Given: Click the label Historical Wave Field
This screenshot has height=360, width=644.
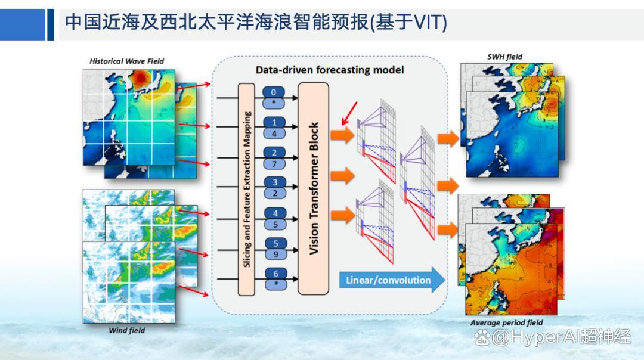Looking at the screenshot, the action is pos(126,61).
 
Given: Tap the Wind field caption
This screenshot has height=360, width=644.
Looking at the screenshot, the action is pos(126,330).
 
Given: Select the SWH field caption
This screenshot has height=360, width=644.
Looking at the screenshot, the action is pos(505,57).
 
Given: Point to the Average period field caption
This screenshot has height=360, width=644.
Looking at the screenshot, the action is pos(506,322).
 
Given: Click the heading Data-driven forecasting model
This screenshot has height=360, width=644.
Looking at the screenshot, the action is pos(330,70).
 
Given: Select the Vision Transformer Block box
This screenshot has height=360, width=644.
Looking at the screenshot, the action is pos(314,188).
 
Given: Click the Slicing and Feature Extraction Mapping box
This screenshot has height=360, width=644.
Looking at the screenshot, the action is pos(246,189).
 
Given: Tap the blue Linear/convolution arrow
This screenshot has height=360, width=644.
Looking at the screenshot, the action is pos(392,280).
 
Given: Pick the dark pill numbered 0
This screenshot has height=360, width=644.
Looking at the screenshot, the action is pos(274,92).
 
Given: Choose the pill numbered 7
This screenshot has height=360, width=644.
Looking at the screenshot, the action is pos(274,164).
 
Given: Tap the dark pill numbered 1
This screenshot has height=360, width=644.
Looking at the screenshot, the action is pos(274,122).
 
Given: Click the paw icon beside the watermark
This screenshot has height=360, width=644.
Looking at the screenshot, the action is pos(482,337).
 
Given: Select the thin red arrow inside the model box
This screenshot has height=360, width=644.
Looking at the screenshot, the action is pos(350,113).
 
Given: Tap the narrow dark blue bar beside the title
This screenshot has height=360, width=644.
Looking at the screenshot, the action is pos(51,24).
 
